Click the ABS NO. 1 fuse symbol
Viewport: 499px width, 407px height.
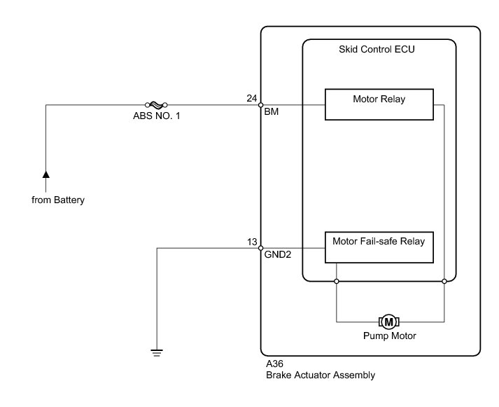pyautogui.click(x=156, y=104)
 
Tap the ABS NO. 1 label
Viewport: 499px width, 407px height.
pyautogui.click(x=157, y=116)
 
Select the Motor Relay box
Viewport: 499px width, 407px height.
pyautogui.click(x=379, y=104)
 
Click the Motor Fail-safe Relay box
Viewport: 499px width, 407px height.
pyautogui.click(x=379, y=247)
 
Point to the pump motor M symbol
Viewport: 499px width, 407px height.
pyautogui.click(x=389, y=322)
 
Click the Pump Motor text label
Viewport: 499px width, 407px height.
pyautogui.click(x=390, y=336)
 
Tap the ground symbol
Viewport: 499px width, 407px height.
pyautogui.click(x=157, y=353)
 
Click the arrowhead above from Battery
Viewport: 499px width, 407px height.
pyautogui.click(x=46, y=174)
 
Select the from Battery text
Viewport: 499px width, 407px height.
pyautogui.click(x=58, y=200)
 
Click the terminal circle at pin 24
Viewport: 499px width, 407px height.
pyautogui.click(x=260, y=105)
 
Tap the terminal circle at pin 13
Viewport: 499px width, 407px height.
pyautogui.click(x=260, y=248)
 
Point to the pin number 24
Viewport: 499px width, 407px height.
pyautogui.click(x=252, y=98)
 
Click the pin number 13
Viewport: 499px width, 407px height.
pyautogui.click(x=252, y=242)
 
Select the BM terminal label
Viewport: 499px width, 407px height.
pyautogui.click(x=272, y=111)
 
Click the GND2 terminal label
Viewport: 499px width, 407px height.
pyautogui.click(x=278, y=254)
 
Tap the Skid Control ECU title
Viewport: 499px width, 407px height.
pyautogui.click(x=377, y=49)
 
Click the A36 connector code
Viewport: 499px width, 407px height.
pyautogui.click(x=274, y=364)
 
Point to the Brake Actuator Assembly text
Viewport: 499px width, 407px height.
pyautogui.click(x=321, y=375)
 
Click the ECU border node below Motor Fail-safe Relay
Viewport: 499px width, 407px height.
pyautogui.click(x=337, y=281)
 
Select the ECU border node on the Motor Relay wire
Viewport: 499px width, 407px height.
pyautogui.click(x=444, y=281)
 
